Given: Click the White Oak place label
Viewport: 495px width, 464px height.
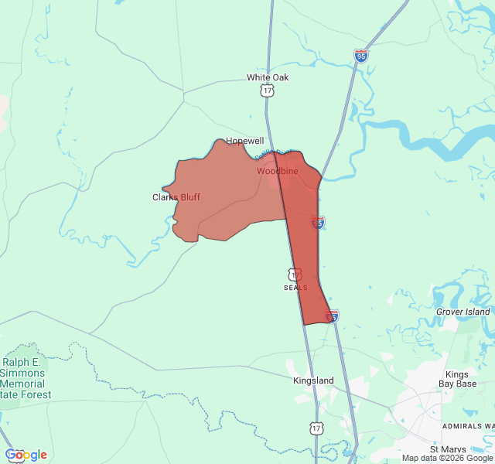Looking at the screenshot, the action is [268, 77].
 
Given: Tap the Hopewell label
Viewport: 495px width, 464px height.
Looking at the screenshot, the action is [244, 141].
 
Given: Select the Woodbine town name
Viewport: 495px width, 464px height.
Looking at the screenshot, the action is [277, 171].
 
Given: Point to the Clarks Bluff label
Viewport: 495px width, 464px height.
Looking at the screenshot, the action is [176, 197].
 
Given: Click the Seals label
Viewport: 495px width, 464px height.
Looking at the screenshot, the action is [295, 288].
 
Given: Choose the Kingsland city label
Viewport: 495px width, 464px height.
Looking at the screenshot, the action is [313, 380].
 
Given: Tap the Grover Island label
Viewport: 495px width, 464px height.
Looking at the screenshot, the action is [463, 312].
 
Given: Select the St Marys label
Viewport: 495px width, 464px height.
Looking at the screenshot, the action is [445, 449].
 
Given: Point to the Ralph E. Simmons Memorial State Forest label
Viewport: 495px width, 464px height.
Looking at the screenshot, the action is [26, 378].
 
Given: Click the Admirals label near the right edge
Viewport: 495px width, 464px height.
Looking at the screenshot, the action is [468, 426].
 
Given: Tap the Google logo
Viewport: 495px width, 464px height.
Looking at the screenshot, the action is [26, 455].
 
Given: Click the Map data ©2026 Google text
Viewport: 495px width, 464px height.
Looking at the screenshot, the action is [447, 458].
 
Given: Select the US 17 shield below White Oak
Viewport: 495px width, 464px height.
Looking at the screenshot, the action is [267, 91].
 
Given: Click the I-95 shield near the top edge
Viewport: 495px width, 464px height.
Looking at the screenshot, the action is [361, 56].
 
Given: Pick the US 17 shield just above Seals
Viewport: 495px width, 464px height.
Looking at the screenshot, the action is [294, 275].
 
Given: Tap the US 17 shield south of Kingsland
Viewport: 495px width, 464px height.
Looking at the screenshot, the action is [316, 428].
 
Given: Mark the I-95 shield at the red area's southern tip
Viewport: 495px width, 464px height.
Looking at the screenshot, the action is [332, 316].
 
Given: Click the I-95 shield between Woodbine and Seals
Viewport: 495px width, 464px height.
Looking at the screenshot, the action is [318, 223].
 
